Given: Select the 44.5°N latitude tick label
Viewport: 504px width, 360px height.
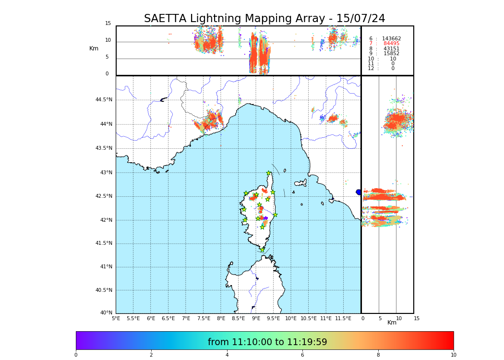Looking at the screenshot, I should [x=104, y=100].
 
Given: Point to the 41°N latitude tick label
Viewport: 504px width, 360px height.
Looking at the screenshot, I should [x=106, y=267].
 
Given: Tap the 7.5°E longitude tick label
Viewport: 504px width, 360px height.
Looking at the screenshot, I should [x=204, y=318].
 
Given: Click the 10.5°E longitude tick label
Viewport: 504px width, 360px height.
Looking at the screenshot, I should [x=309, y=318].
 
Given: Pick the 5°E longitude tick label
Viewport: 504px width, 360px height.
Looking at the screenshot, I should [x=116, y=318].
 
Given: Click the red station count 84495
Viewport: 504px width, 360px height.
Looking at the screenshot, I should [x=391, y=44].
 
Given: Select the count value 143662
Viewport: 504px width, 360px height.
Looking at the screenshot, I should [x=391, y=39].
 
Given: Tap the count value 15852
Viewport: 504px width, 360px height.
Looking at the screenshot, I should [x=391, y=54].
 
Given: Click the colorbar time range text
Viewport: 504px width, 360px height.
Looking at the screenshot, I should [x=267, y=342].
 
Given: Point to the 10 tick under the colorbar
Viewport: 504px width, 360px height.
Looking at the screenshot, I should [x=453, y=355].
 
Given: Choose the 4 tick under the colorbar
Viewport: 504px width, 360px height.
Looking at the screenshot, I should [x=227, y=355].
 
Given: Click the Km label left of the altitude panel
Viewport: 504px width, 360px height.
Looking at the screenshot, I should [x=94, y=48].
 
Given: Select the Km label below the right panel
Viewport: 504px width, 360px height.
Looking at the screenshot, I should [x=392, y=323].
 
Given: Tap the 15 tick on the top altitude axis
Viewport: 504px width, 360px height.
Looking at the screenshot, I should [x=108, y=24].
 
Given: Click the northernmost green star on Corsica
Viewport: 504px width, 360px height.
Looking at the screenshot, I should [x=269, y=173].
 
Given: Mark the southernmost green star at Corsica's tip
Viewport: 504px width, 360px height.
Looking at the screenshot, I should [x=262, y=250].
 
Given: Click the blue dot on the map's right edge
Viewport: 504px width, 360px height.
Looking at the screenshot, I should [x=359, y=192].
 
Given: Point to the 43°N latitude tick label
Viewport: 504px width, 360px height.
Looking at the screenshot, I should [x=106, y=173].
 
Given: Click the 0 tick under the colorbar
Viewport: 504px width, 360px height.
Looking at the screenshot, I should [x=76, y=355].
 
